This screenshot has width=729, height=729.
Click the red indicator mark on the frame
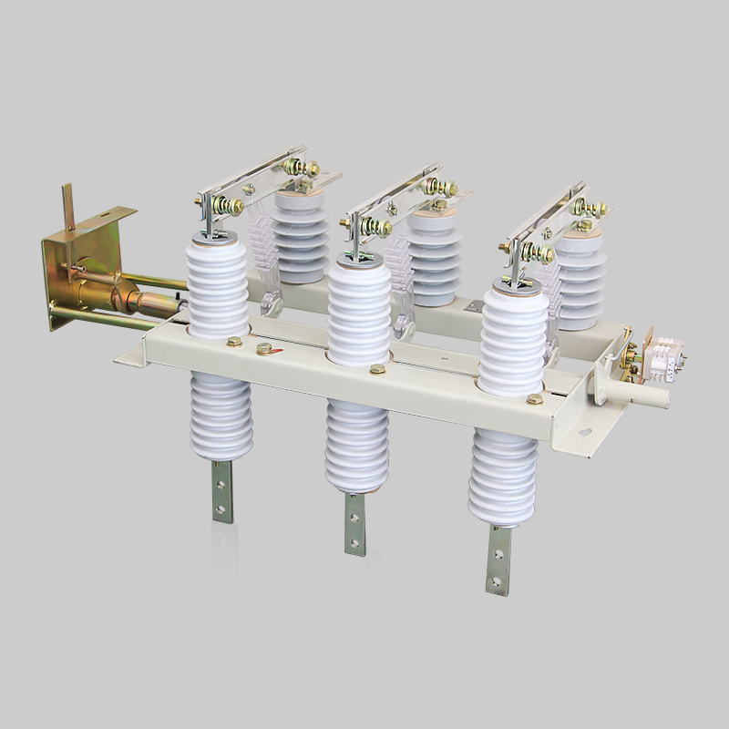(x=264, y=348)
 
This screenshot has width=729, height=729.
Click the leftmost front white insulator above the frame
(x=218, y=282)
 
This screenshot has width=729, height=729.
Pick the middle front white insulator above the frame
(x=359, y=310)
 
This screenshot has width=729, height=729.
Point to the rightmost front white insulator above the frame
(x=514, y=337)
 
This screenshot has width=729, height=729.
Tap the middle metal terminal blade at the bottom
(x=354, y=523)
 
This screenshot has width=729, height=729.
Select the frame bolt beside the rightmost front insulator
(x=534, y=398)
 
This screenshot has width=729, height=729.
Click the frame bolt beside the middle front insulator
(x=376, y=369)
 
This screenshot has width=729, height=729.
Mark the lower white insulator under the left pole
(x=221, y=415)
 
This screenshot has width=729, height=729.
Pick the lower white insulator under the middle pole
(x=356, y=447)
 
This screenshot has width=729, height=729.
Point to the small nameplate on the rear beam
(x=475, y=307)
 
